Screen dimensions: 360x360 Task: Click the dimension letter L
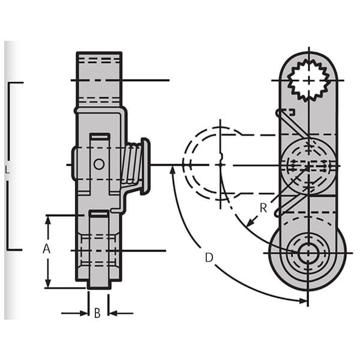7,170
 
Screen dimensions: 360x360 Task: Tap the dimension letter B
97,313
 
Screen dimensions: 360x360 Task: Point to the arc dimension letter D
209,257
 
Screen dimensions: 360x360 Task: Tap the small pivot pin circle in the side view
99,163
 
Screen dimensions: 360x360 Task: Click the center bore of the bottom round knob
307,253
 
